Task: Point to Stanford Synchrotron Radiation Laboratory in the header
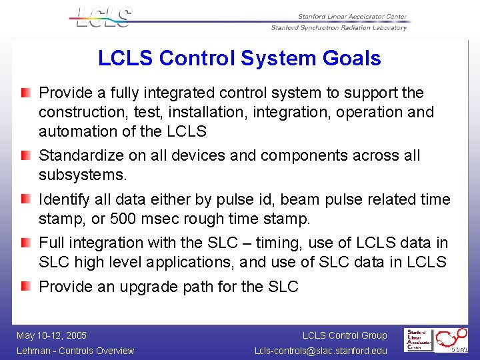click(339, 28)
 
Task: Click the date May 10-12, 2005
click(51, 335)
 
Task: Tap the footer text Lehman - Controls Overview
click(75, 351)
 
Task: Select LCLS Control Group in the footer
click(345, 335)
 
